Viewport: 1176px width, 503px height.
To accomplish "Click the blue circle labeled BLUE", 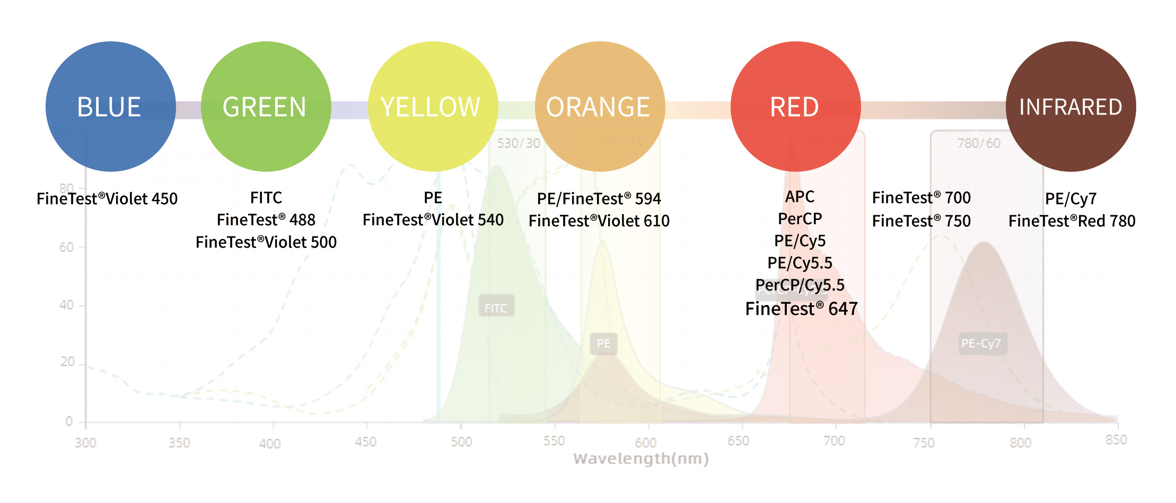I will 110,107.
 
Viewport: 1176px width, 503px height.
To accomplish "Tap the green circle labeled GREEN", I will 266,107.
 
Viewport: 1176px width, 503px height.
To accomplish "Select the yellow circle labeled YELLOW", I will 433,107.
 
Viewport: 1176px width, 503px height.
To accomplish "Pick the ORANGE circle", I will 600,107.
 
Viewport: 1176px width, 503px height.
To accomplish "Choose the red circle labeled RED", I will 795,107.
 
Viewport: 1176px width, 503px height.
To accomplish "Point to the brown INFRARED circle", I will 1070,107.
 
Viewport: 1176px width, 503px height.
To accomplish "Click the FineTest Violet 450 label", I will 107,199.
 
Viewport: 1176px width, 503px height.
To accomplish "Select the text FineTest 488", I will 266,220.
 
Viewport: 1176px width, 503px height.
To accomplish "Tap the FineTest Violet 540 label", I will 433,220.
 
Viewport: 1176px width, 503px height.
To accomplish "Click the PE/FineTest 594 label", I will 599,199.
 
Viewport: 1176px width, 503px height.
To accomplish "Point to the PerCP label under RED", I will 800,218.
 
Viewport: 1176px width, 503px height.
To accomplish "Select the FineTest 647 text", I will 801,308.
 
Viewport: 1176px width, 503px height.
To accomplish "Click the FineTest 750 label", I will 921,221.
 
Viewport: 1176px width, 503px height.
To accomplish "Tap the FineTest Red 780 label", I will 1072,221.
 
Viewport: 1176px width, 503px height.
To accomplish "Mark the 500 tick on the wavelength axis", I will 461,442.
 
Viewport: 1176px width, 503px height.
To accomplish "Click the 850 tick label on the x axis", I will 1116,440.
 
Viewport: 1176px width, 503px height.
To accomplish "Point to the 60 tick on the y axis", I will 67,247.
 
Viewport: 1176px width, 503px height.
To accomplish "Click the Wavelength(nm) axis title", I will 640,458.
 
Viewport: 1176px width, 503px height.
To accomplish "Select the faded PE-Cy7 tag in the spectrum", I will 980,343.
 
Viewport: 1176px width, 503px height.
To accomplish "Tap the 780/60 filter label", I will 978,143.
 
